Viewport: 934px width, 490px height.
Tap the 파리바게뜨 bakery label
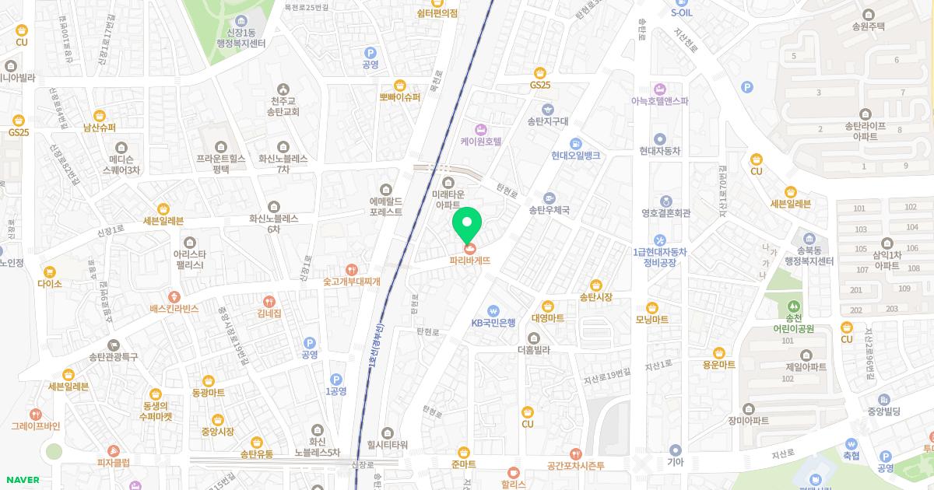pyautogui.click(x=470, y=261)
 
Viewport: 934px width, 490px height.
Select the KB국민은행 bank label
pyautogui.click(x=493, y=322)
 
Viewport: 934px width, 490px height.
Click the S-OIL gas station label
pyautogui.click(x=680, y=12)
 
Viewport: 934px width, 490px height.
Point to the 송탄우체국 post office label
pyautogui.click(x=550, y=210)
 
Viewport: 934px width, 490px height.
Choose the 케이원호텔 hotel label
pyautogui.click(x=481, y=142)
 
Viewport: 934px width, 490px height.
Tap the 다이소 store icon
pyautogui.click(x=50, y=272)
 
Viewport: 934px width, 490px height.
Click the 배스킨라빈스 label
pyautogui.click(x=174, y=309)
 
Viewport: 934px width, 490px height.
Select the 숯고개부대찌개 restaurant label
pyautogui.click(x=352, y=282)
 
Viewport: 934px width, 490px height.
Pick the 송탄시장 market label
pyautogui.click(x=596, y=297)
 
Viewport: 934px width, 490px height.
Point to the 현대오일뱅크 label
pyautogui.click(x=575, y=155)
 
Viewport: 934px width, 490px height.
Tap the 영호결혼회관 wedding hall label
pyautogui.click(x=666, y=212)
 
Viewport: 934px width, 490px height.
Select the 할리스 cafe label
pyautogui.click(x=514, y=484)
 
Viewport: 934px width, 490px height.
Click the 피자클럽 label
pyautogui.click(x=114, y=463)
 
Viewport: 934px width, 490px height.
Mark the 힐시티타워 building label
pyautogui.click(x=388, y=444)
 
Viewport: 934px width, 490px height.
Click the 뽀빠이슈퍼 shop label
pyautogui.click(x=400, y=97)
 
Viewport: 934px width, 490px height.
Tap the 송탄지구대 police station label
pyautogui.click(x=548, y=121)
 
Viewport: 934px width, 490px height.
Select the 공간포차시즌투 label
pyautogui.click(x=575, y=465)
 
